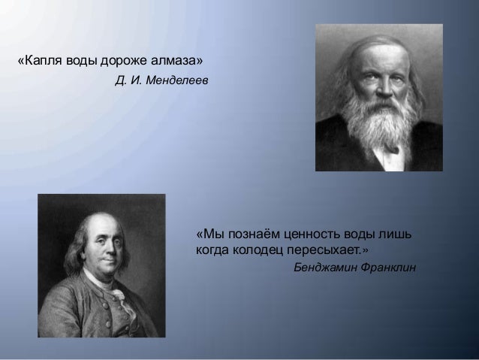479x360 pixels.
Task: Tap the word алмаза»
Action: [x=176, y=60]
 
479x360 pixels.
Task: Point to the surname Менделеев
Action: [x=177, y=80]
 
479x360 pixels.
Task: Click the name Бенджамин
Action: [x=325, y=268]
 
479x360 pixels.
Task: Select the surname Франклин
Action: [x=388, y=268]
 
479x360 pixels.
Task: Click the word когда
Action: [x=212, y=250]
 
